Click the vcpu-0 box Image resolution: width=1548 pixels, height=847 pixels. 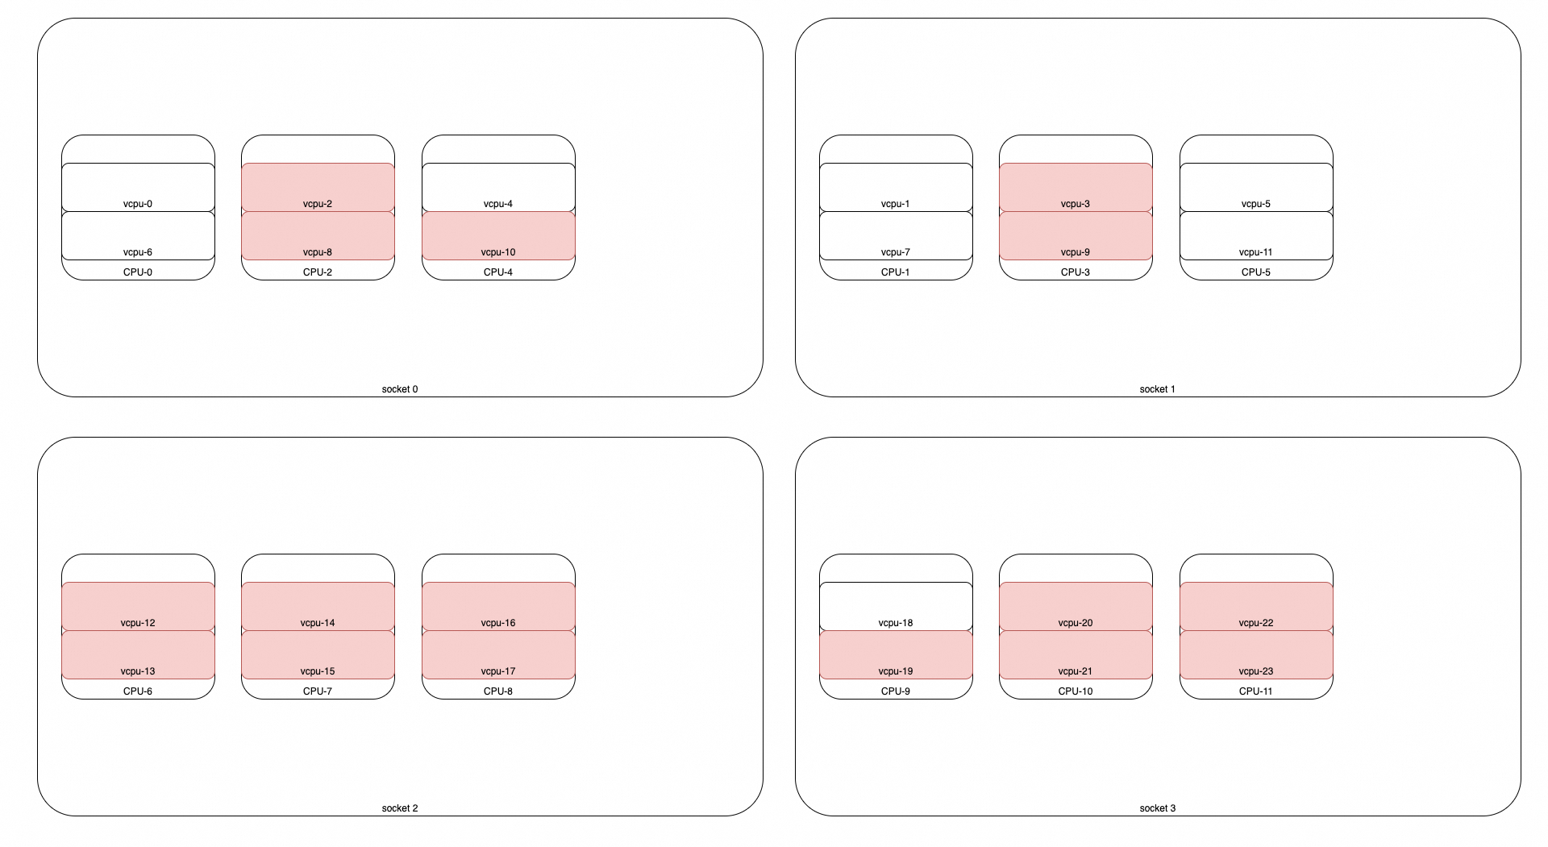[x=138, y=188]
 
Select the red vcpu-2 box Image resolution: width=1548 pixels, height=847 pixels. [x=318, y=188]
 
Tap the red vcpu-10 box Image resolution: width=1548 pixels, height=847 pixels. [x=498, y=236]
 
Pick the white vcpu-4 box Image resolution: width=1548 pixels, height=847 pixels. [x=498, y=188]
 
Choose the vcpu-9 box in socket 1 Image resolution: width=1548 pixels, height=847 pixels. [x=1076, y=236]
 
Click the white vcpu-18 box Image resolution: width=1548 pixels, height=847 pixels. [x=896, y=607]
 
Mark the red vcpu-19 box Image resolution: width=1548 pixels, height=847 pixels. [x=896, y=655]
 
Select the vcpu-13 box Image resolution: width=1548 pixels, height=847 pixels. [x=138, y=655]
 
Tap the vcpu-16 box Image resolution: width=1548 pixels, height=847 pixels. [x=498, y=607]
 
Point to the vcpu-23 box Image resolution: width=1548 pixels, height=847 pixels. [x=1256, y=655]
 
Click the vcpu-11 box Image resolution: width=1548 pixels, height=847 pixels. [x=1256, y=236]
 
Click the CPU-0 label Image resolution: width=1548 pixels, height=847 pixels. [x=138, y=272]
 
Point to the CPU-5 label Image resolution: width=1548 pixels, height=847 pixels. [x=1256, y=272]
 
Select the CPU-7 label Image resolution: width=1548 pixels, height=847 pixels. [x=318, y=691]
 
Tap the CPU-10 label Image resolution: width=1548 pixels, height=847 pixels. [x=1076, y=691]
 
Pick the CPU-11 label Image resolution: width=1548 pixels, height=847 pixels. [x=1256, y=691]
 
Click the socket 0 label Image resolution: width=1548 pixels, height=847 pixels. [x=400, y=389]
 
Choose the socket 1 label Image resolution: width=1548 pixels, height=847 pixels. [x=1158, y=389]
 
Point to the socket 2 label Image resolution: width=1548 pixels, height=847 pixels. [x=400, y=808]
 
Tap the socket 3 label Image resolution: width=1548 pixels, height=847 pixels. [x=1158, y=808]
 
